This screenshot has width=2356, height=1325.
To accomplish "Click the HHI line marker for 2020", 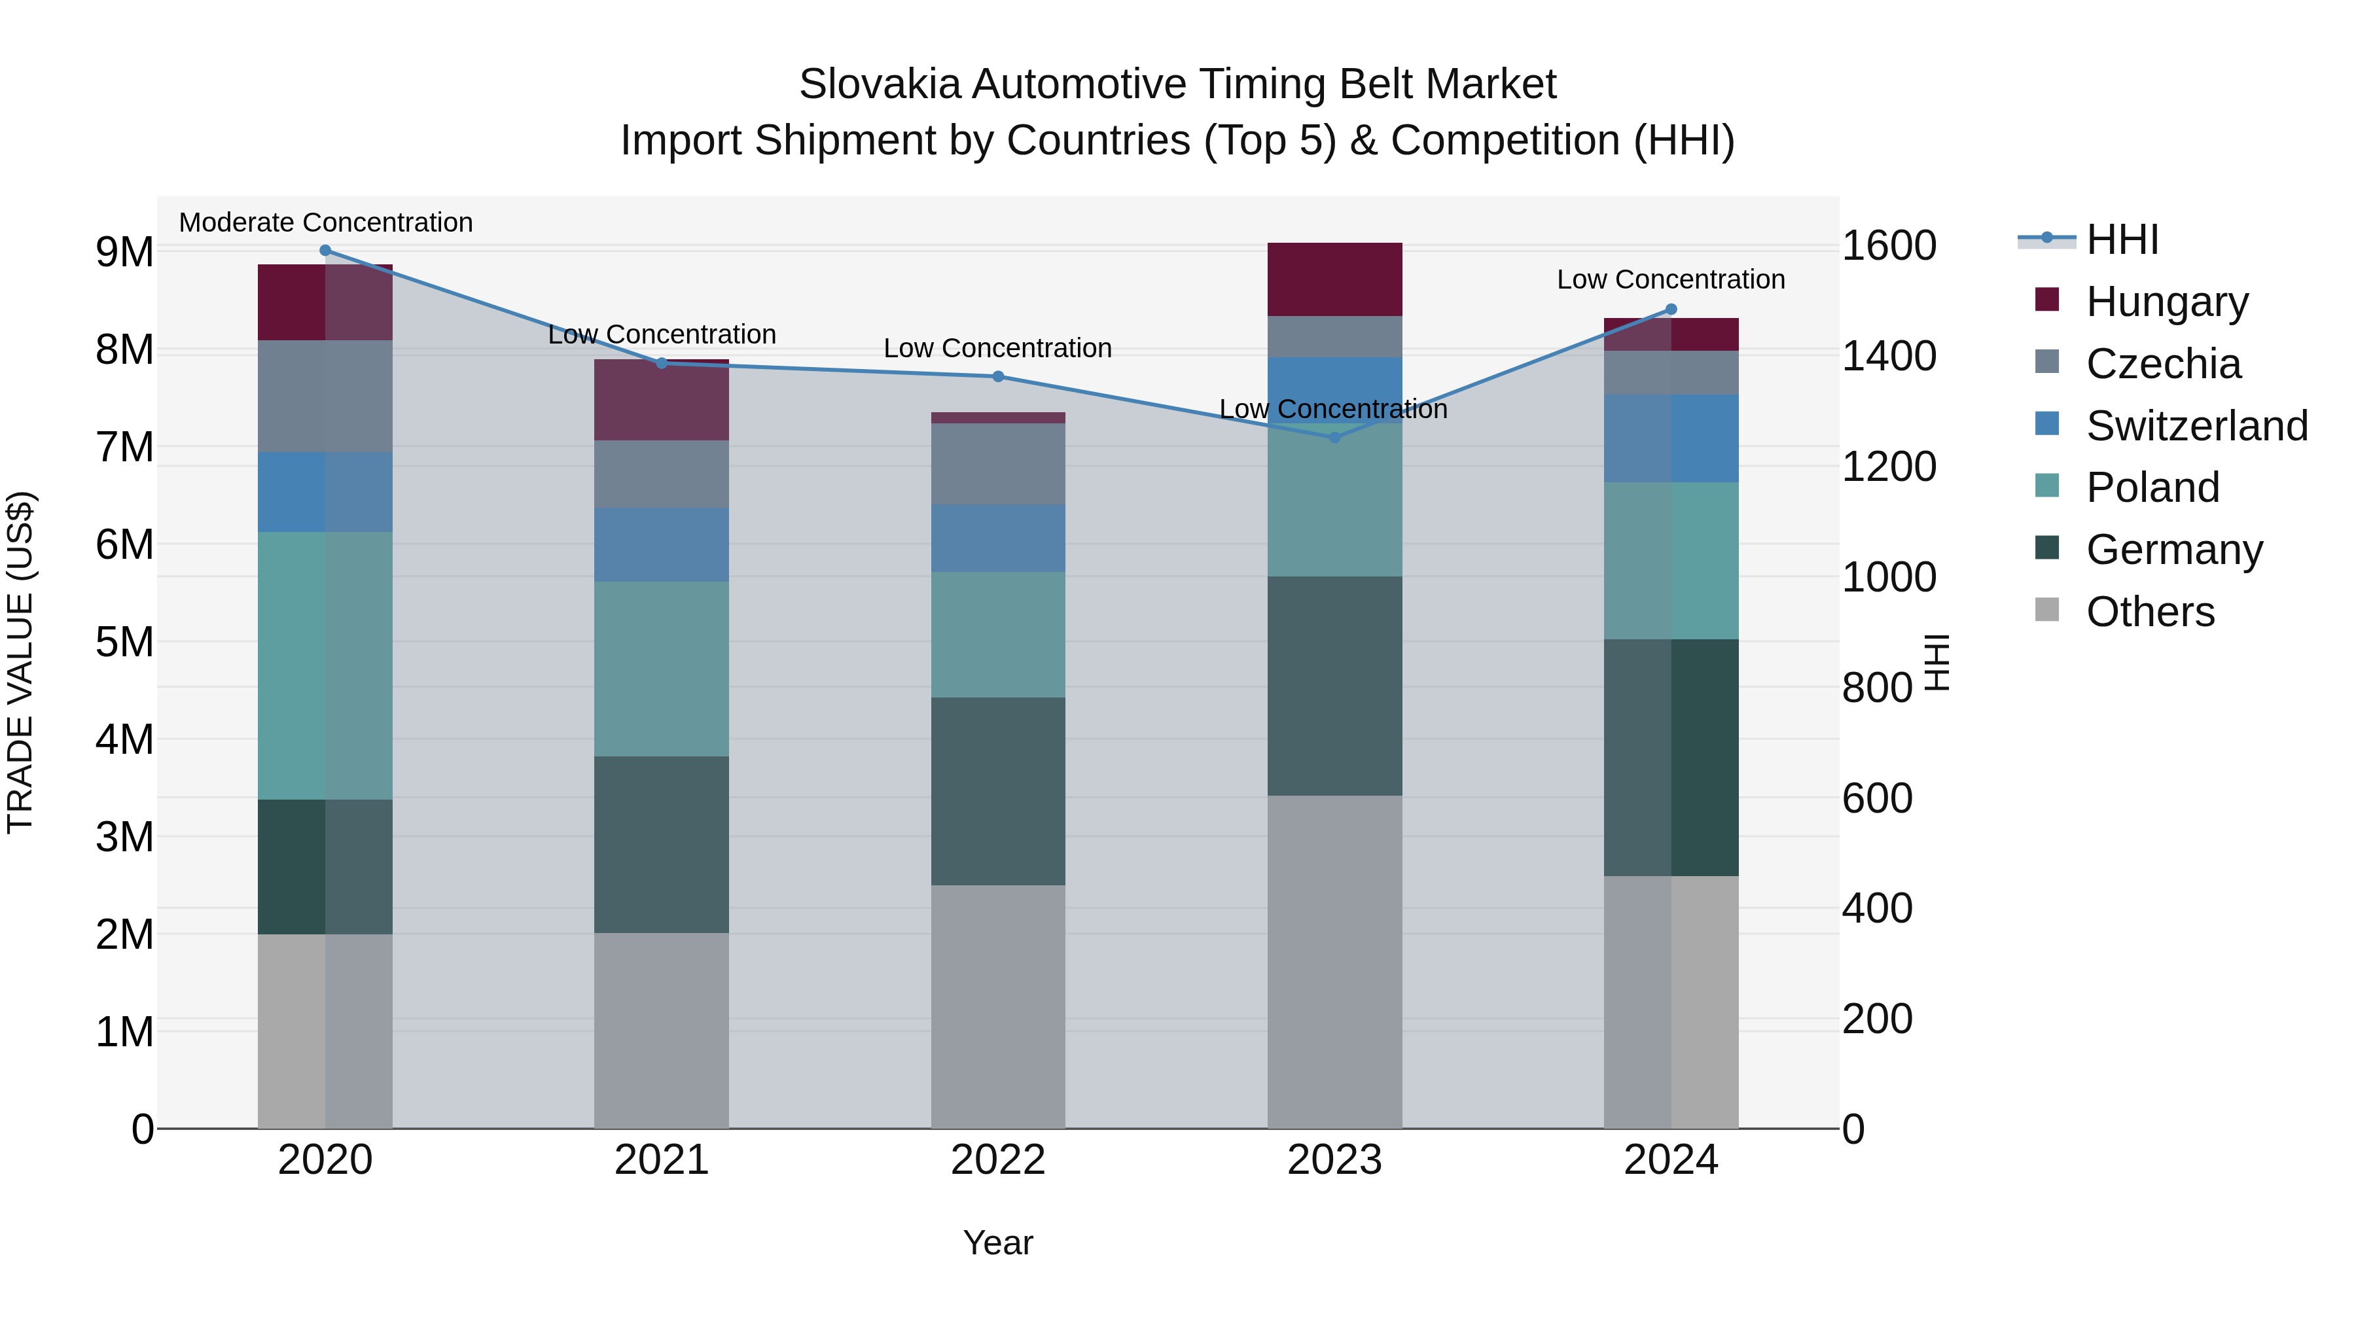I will click(x=326, y=251).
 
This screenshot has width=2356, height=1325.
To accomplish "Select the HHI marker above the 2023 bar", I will click(x=1334, y=438).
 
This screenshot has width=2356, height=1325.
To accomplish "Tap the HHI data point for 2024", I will click(x=1671, y=309).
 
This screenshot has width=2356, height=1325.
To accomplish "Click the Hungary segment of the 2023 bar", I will click(x=1334, y=280).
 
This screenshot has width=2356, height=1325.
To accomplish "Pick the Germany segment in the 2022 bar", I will click(x=998, y=791).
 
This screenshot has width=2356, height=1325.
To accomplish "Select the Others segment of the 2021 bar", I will click(x=661, y=1031).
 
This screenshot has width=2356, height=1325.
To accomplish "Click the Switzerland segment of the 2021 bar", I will click(x=661, y=545).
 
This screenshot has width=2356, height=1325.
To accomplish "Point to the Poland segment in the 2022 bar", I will click(x=998, y=635).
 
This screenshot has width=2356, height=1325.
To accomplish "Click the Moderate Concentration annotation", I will click(x=326, y=223).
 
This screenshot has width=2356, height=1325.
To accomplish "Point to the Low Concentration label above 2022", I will click(x=998, y=348).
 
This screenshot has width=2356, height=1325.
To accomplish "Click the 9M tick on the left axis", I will click(x=125, y=253).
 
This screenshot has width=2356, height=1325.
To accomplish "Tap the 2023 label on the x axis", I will click(x=1334, y=1160).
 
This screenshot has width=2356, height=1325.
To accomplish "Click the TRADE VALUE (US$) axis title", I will click(x=21, y=662).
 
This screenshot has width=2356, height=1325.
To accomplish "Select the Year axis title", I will click(x=998, y=1243).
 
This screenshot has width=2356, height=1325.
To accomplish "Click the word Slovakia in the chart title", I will click(x=880, y=84).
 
